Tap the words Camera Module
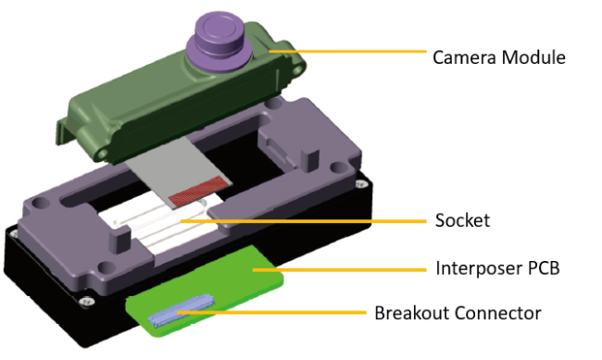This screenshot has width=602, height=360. click(x=499, y=56)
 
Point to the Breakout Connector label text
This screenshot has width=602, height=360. click(x=458, y=313)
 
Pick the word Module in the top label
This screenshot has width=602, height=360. click(x=536, y=56)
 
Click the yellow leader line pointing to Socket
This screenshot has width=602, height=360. click(x=324, y=221)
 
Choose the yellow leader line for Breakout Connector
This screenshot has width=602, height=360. click(x=278, y=313)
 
